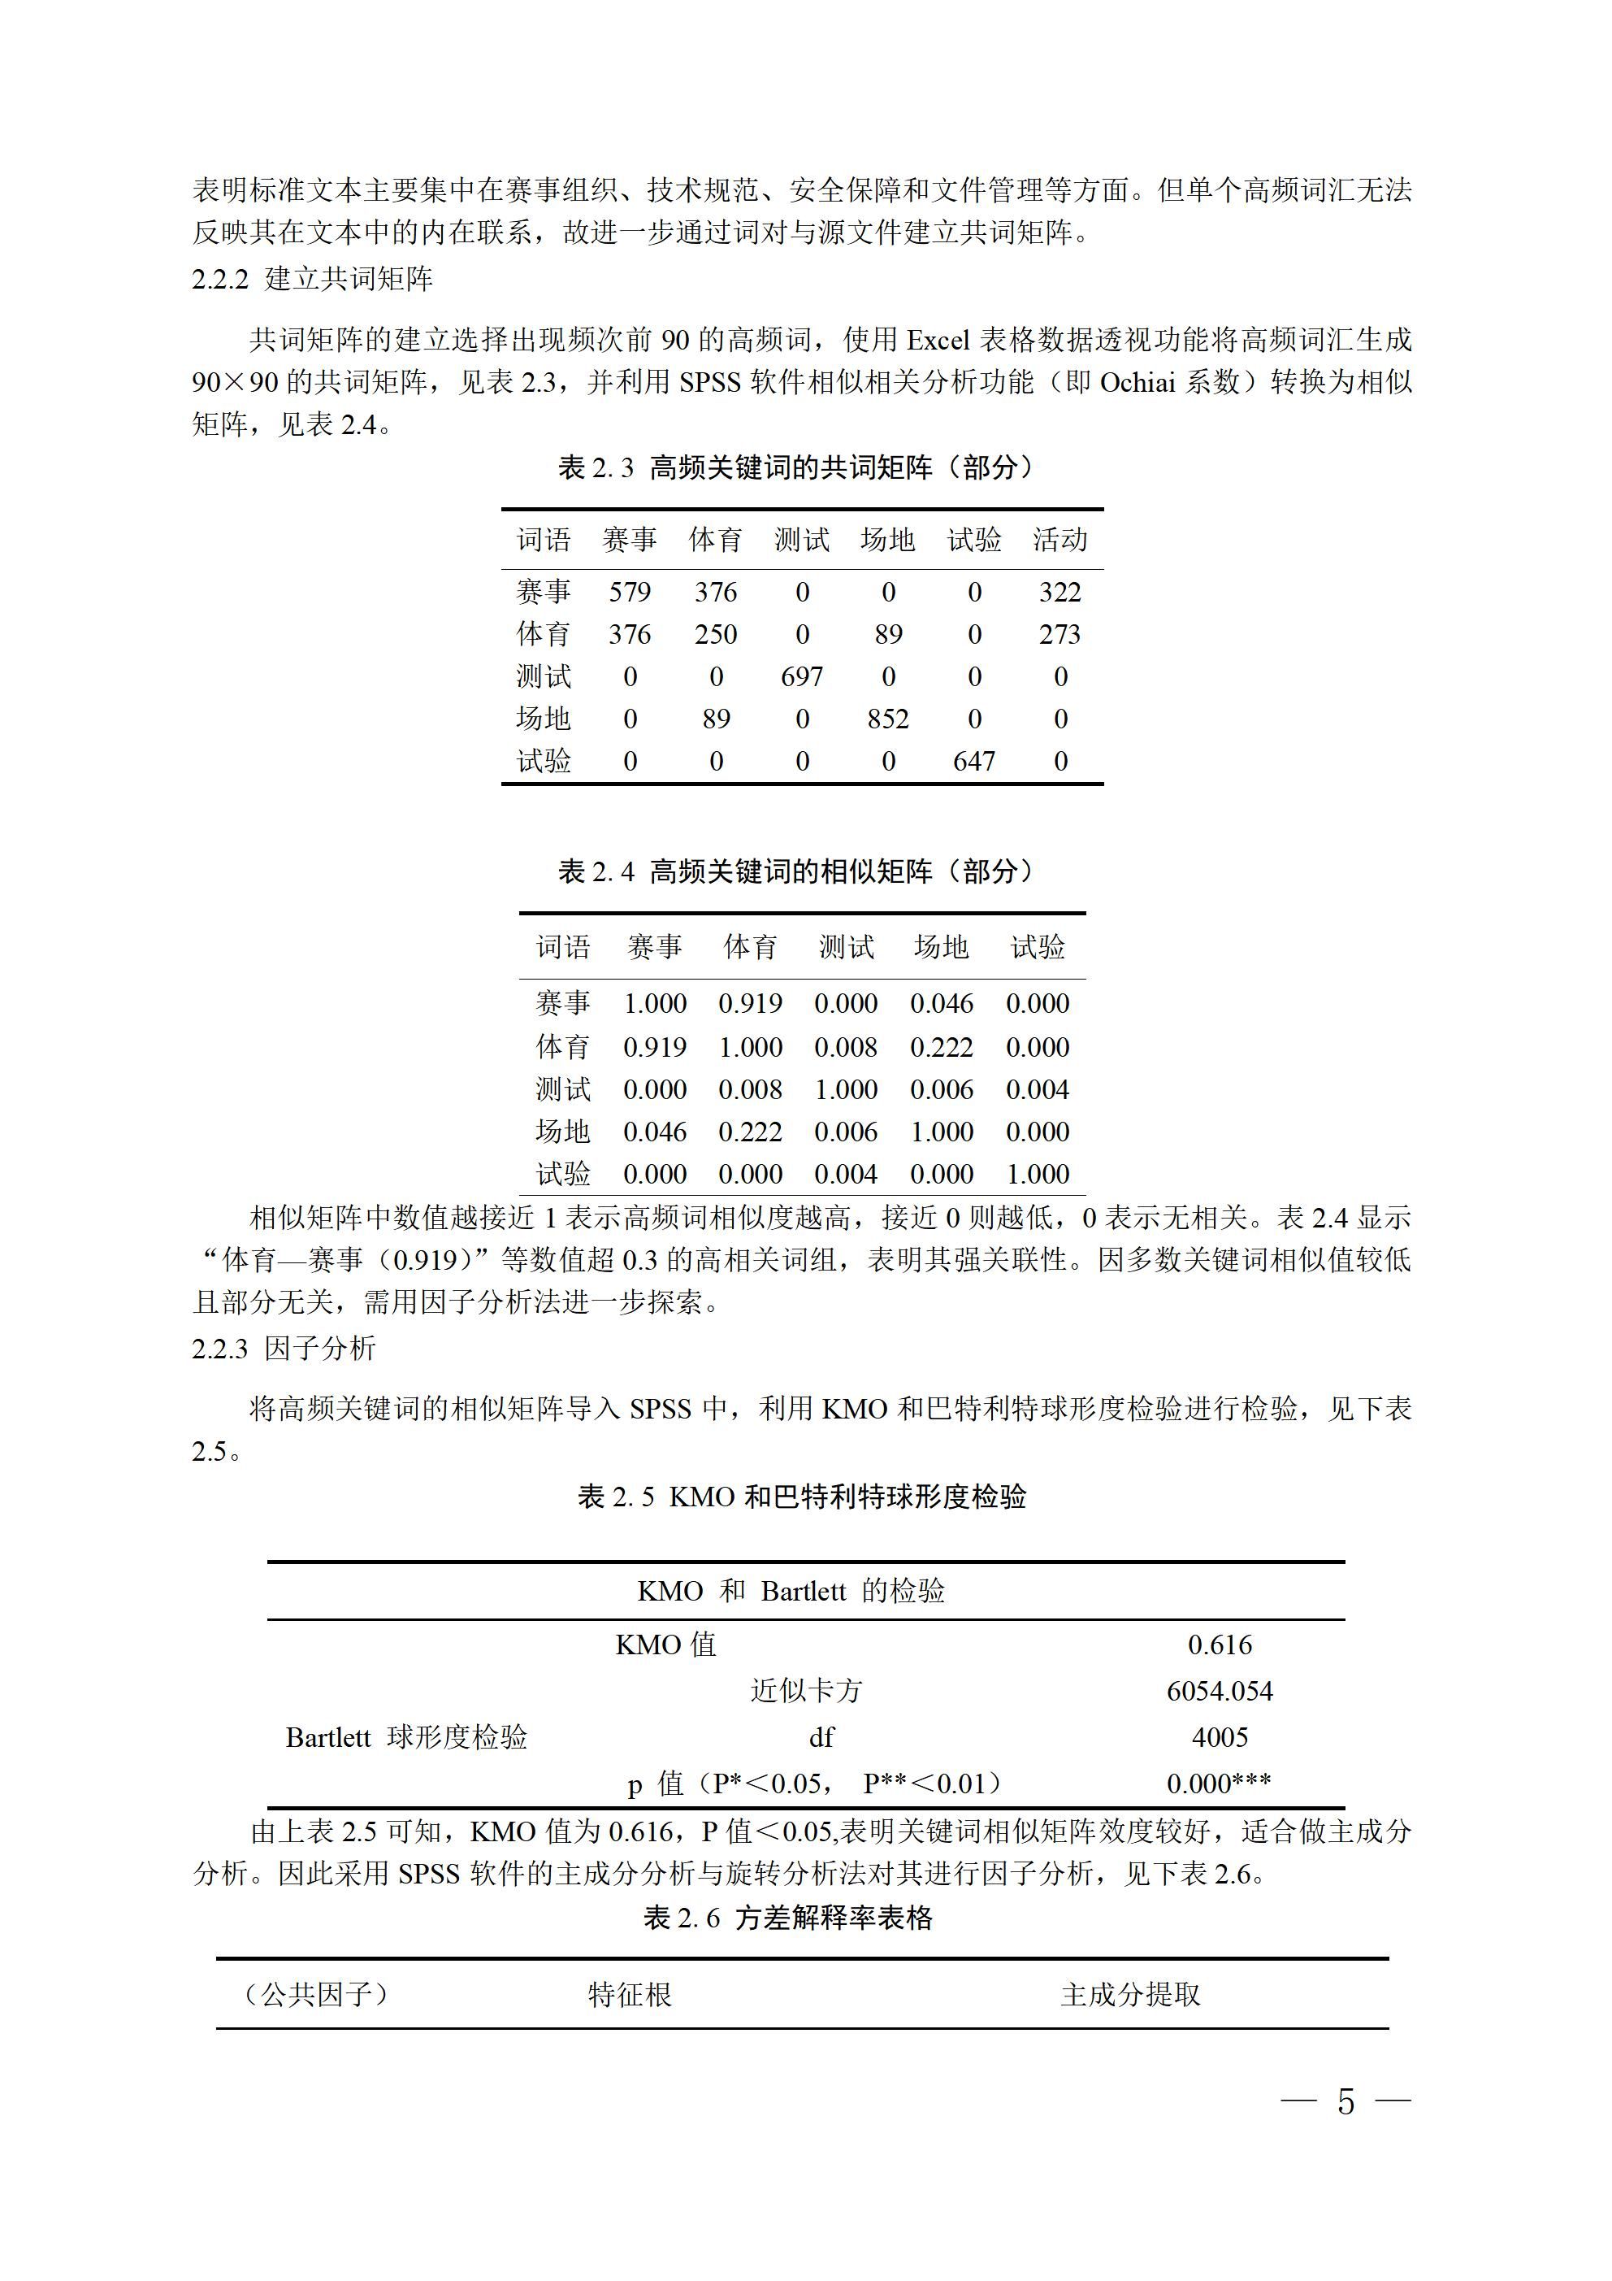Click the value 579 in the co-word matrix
click(x=629, y=592)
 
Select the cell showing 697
click(x=801, y=676)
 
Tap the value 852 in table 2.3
click(x=887, y=719)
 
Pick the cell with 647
click(x=973, y=761)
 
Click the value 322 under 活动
click(x=1059, y=592)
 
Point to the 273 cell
click(x=1059, y=634)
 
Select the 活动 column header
click(x=1059, y=540)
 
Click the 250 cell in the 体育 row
click(x=715, y=634)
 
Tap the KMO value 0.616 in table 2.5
click(x=1220, y=1644)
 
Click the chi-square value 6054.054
click(x=1220, y=1691)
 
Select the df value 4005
click(x=1220, y=1736)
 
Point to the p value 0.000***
click(x=1220, y=1784)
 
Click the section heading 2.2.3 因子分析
click(x=284, y=1348)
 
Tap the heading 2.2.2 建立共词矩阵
click(x=312, y=279)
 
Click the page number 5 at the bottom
click(x=1345, y=2101)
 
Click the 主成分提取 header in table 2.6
click(x=1130, y=1994)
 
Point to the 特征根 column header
click(x=630, y=1994)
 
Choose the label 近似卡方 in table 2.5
click(x=807, y=1691)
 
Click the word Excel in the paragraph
click(x=938, y=341)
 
